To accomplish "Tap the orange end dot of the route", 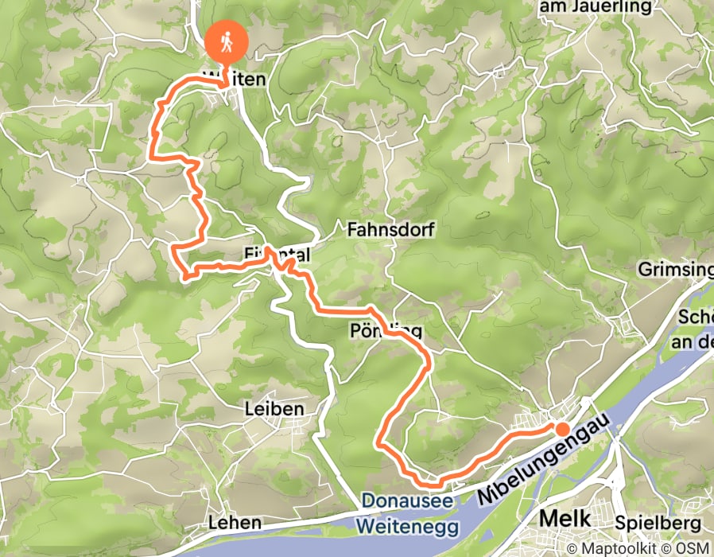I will (562, 430).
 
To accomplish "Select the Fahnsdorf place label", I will (382, 230).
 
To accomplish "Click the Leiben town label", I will (274, 409).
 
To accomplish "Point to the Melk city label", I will (565, 519).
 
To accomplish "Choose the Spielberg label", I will (658, 523).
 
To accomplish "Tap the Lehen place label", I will (234, 523).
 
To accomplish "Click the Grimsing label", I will (675, 271).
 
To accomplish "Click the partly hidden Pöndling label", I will (382, 331).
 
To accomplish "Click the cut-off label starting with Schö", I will (696, 317).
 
